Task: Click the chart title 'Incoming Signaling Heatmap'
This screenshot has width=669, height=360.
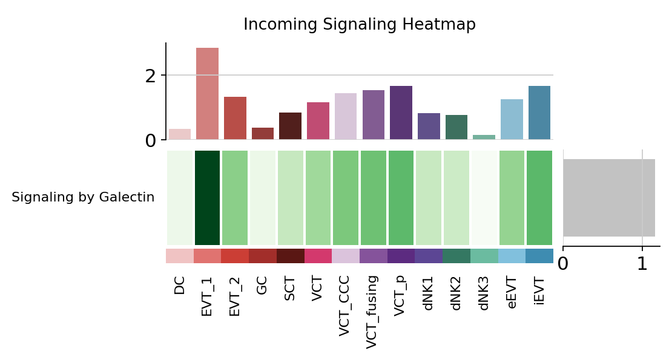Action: [359, 24]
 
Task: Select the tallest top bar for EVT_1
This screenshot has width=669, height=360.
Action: [207, 93]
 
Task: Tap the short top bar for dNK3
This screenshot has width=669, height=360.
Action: [484, 137]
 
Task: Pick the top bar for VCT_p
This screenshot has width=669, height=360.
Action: [401, 113]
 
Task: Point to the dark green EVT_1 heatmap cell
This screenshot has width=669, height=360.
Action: [207, 197]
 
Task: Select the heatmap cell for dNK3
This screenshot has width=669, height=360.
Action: [484, 197]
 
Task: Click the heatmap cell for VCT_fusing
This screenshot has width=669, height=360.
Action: [373, 197]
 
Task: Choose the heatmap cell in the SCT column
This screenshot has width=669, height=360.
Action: [290, 197]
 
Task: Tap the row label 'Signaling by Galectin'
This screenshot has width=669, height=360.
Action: [83, 197]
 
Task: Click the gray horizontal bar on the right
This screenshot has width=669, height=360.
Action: [608, 197]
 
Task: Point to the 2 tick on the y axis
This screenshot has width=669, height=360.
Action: [151, 76]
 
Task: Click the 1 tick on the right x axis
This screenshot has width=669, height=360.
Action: [642, 263]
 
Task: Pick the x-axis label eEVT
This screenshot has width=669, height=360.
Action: [512, 293]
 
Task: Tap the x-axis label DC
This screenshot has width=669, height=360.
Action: [179, 285]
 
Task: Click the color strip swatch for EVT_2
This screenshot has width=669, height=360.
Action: [235, 255]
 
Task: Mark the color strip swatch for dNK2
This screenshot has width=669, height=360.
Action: [456, 255]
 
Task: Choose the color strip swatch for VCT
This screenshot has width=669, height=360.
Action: [318, 255]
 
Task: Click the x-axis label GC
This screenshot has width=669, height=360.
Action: [262, 285]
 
